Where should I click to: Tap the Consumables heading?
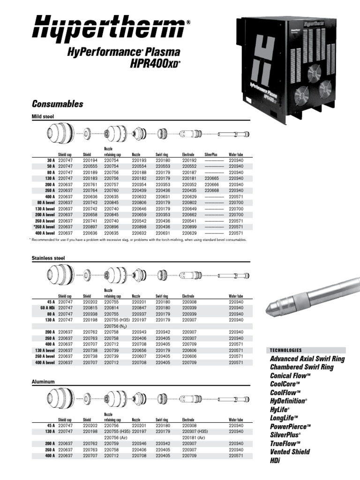(x=57, y=104)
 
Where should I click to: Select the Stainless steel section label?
(x=48, y=258)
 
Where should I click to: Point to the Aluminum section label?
(x=43, y=382)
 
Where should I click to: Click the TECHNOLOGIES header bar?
(x=307, y=350)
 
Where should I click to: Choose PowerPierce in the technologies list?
(x=290, y=427)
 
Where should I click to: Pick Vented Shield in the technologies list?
(x=290, y=452)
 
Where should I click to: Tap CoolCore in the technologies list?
(x=285, y=384)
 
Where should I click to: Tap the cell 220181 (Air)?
(x=195, y=437)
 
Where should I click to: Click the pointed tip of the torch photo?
(x=268, y=312)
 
